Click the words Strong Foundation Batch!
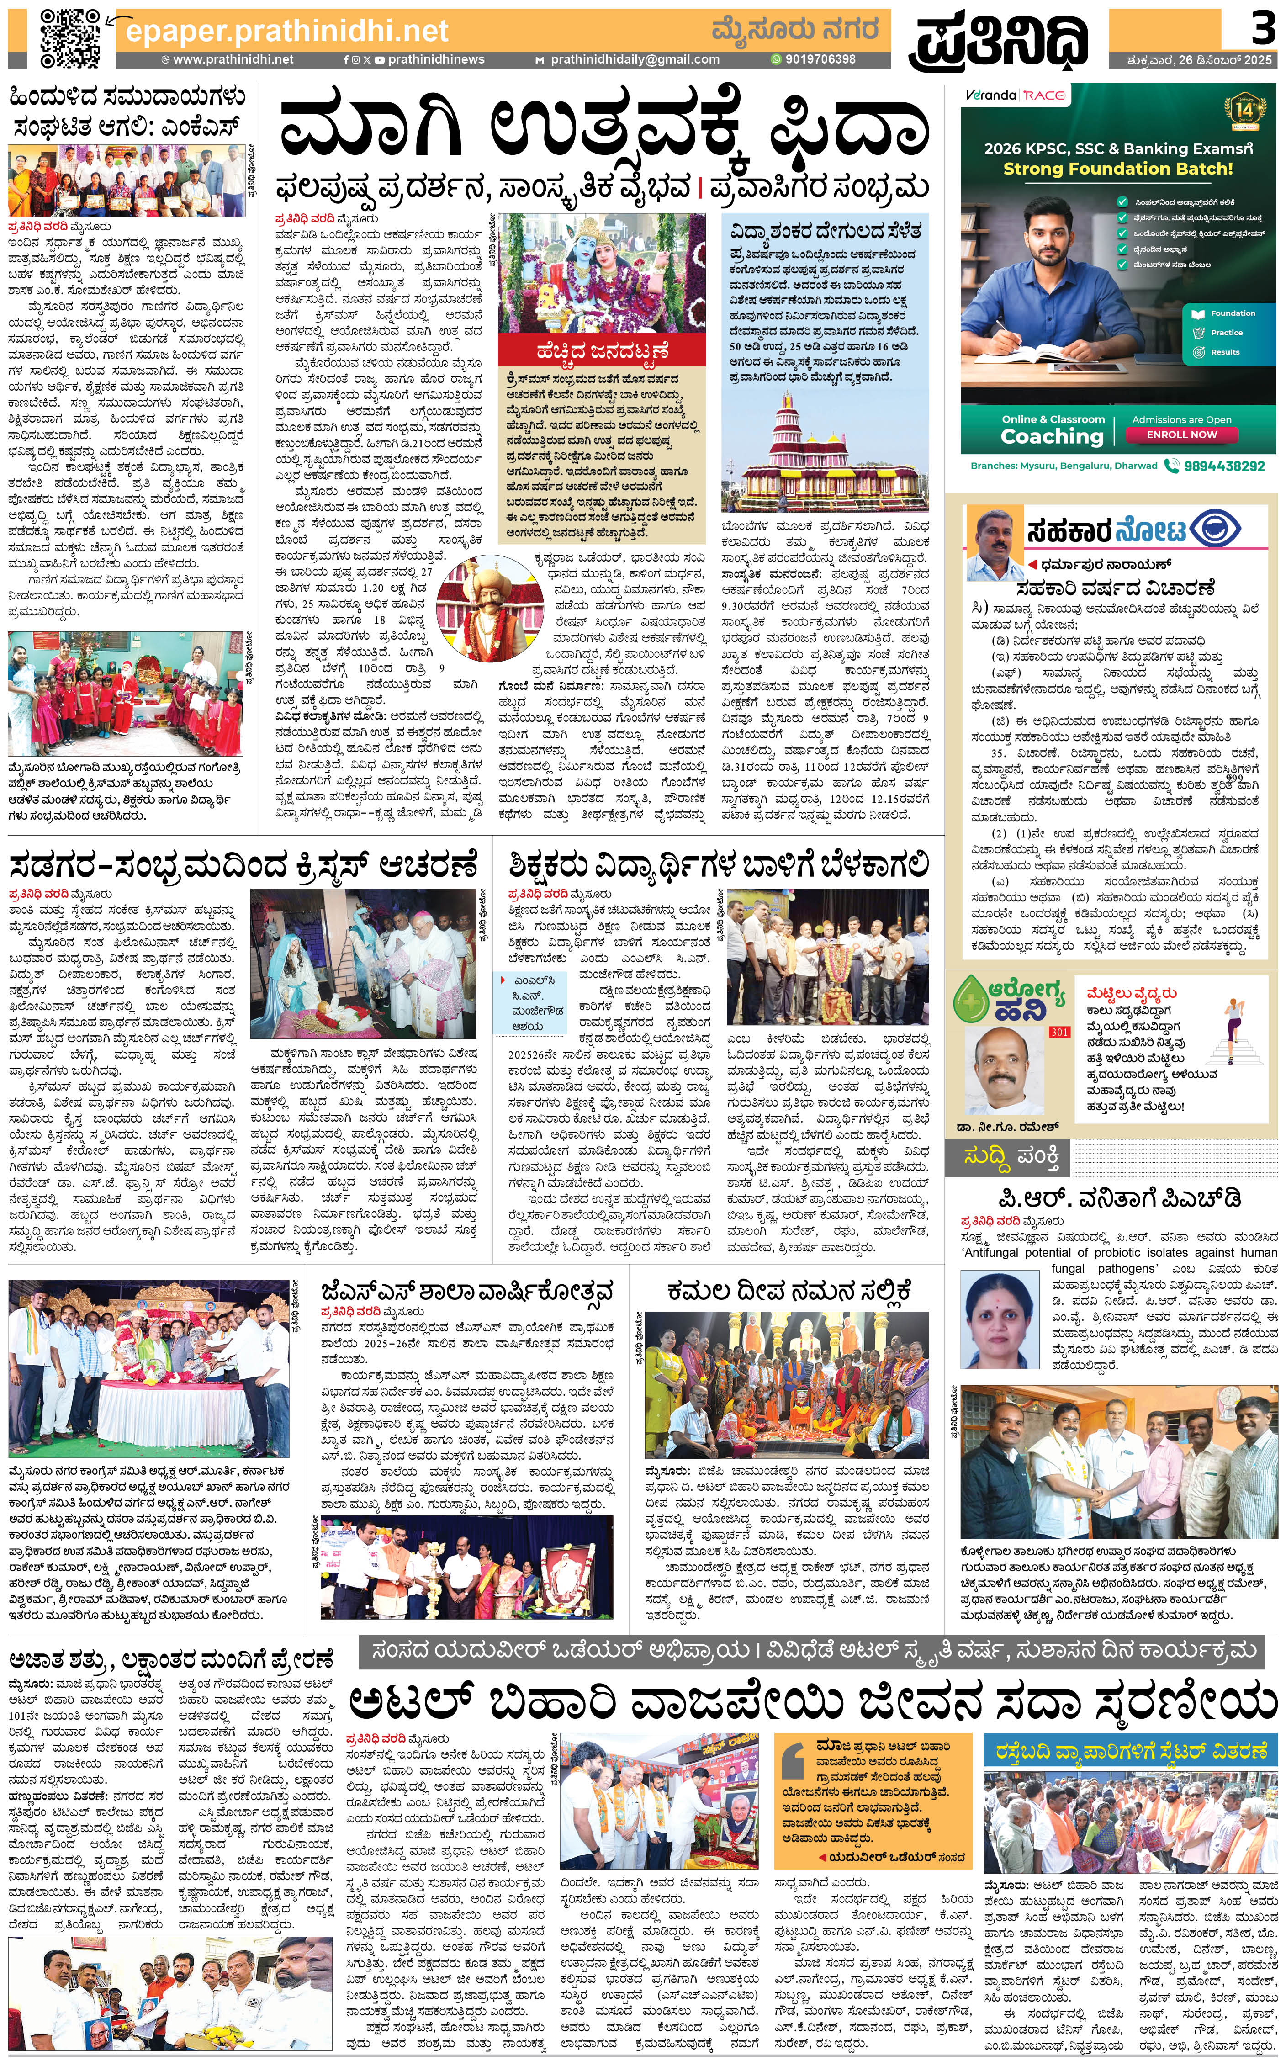point(1117,169)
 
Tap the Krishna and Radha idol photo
point(600,273)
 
